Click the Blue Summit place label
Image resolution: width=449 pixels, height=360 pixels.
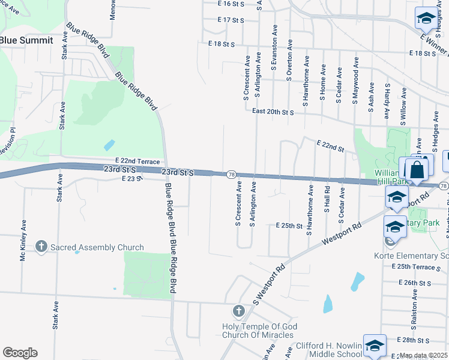(x=26, y=40)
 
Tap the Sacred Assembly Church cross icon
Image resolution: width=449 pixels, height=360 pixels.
(x=41, y=247)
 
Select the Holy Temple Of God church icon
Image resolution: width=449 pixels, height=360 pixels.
(x=238, y=311)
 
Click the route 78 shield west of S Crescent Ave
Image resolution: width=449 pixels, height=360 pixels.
(x=231, y=175)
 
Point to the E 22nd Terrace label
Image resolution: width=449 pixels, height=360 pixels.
(x=138, y=162)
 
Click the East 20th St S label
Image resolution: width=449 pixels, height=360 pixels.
(x=273, y=112)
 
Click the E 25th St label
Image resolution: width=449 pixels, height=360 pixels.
(x=289, y=226)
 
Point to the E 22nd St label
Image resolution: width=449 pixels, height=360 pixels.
(x=330, y=145)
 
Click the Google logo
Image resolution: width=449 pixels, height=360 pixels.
(x=20, y=353)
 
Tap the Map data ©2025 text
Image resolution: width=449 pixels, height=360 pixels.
(x=424, y=356)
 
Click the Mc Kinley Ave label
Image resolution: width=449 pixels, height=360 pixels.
(x=23, y=239)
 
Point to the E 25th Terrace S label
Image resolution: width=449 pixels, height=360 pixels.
(x=418, y=266)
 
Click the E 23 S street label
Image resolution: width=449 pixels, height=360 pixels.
(x=131, y=179)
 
